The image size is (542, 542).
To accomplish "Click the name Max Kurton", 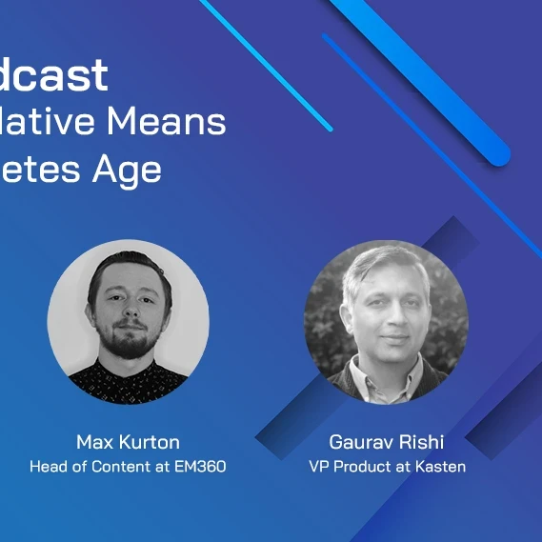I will (x=128, y=442).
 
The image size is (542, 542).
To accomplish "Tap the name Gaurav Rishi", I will (x=386, y=442).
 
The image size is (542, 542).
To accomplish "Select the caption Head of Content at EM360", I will (x=128, y=467).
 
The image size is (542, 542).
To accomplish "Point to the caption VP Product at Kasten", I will (x=386, y=467).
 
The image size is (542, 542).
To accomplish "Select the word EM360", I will (x=201, y=467).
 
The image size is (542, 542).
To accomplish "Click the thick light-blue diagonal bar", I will (x=429, y=76).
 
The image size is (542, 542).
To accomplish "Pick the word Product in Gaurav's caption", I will (x=359, y=467).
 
